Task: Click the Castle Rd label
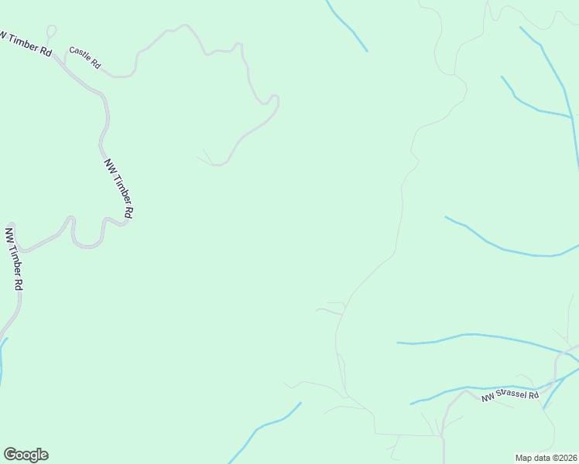point(84,59)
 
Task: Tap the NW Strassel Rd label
point(509,396)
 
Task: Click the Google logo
point(26,455)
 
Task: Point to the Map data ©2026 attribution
point(546,457)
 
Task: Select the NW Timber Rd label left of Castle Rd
point(26,43)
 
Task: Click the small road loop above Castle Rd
point(51,31)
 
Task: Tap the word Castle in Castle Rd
point(80,56)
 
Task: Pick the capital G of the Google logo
point(10,455)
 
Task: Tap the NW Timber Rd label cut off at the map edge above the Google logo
point(14,258)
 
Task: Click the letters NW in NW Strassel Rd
point(488,399)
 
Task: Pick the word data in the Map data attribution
point(541,457)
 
